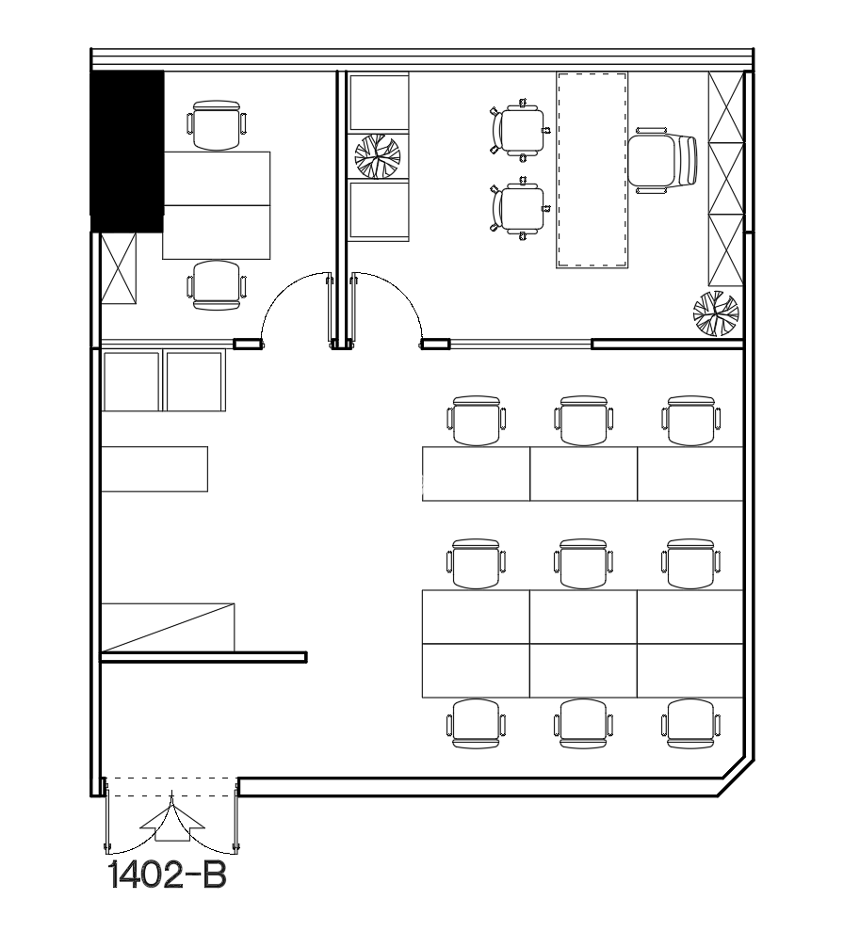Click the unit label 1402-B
[168, 875]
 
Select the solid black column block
[127, 151]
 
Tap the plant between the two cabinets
[378, 156]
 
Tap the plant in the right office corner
[716, 313]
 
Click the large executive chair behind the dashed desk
[663, 160]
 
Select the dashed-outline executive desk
[592, 169]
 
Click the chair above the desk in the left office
[217, 124]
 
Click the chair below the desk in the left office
[217, 285]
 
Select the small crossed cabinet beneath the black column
[119, 268]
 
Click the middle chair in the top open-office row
[583, 421]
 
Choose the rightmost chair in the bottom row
[690, 723]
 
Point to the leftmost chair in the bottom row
[476, 723]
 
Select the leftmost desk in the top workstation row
[476, 474]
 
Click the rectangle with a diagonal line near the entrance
[168, 627]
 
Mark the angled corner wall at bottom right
[737, 778]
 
